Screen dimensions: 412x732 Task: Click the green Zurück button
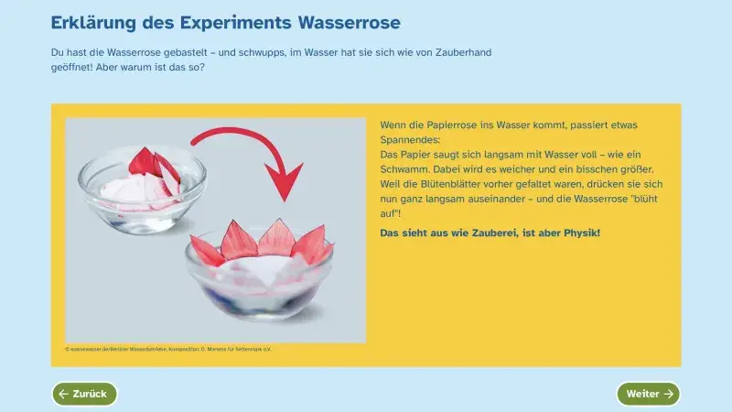pos(84,394)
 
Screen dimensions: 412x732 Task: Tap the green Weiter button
pos(648,394)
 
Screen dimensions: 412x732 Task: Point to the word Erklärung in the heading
pos(94,22)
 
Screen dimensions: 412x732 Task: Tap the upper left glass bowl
pos(142,183)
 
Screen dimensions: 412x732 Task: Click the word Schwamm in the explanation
pos(405,170)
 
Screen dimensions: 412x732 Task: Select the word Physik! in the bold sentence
pos(579,233)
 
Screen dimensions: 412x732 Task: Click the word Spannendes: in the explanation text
pos(409,140)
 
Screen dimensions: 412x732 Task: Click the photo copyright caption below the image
pos(168,349)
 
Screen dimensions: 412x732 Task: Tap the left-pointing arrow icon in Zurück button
pos(63,394)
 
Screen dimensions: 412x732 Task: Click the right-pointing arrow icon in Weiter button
pos(669,394)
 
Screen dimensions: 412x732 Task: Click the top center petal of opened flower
pos(274,236)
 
